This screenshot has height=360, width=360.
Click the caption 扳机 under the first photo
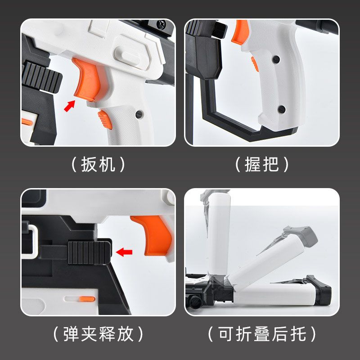coord(98,164)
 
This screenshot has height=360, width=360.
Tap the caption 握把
coord(262,164)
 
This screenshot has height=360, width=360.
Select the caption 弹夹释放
coord(98,334)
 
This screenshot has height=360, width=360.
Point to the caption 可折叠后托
coord(262,334)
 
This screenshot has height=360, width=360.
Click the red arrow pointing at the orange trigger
coord(69,106)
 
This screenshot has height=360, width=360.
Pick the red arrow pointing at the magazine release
coord(124,252)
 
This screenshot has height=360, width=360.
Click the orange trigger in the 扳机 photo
coord(86,79)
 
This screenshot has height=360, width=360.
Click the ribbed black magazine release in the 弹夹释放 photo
coord(90,252)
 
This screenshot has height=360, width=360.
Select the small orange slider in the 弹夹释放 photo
coord(87,299)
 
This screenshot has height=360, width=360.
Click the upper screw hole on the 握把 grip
coord(276,59)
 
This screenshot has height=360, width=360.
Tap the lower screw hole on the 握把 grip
coord(282,109)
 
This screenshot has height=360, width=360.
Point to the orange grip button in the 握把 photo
coord(255,64)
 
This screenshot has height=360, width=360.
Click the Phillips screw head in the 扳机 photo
coord(161,23)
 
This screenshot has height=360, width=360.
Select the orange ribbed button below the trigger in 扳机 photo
coord(105,120)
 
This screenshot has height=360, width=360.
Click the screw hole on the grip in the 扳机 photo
coord(139,114)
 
